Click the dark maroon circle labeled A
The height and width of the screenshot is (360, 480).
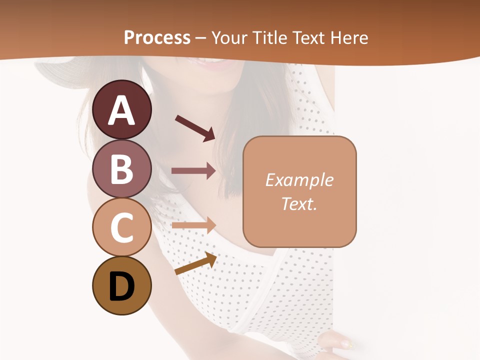[122, 109]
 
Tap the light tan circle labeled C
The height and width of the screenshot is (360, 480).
[122, 226]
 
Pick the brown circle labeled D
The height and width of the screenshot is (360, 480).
[122, 285]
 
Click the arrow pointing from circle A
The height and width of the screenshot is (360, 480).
[195, 127]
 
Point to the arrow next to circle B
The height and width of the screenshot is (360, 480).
[193, 171]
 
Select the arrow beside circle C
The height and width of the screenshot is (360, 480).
[193, 225]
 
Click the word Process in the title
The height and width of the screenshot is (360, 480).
[157, 38]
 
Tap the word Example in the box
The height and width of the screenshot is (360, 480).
[299, 180]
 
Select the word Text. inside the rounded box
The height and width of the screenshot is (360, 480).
[299, 203]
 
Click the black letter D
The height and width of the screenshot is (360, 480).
[122, 286]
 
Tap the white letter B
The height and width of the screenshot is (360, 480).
[122, 169]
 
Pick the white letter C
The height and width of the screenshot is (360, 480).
[122, 227]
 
